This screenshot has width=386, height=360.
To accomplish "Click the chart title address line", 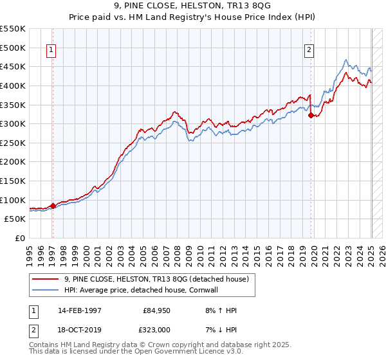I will (x=192, y=6).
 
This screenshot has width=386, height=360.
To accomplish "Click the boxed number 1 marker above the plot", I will (x=51, y=50).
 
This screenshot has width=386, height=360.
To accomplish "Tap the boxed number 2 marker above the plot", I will (x=309, y=50).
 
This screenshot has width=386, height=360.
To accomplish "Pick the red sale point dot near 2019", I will (x=311, y=116).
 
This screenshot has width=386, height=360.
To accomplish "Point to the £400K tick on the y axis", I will (x=14, y=85).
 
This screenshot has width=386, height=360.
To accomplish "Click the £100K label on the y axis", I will (x=14, y=200).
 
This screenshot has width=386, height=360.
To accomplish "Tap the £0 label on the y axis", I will (x=19, y=238).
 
